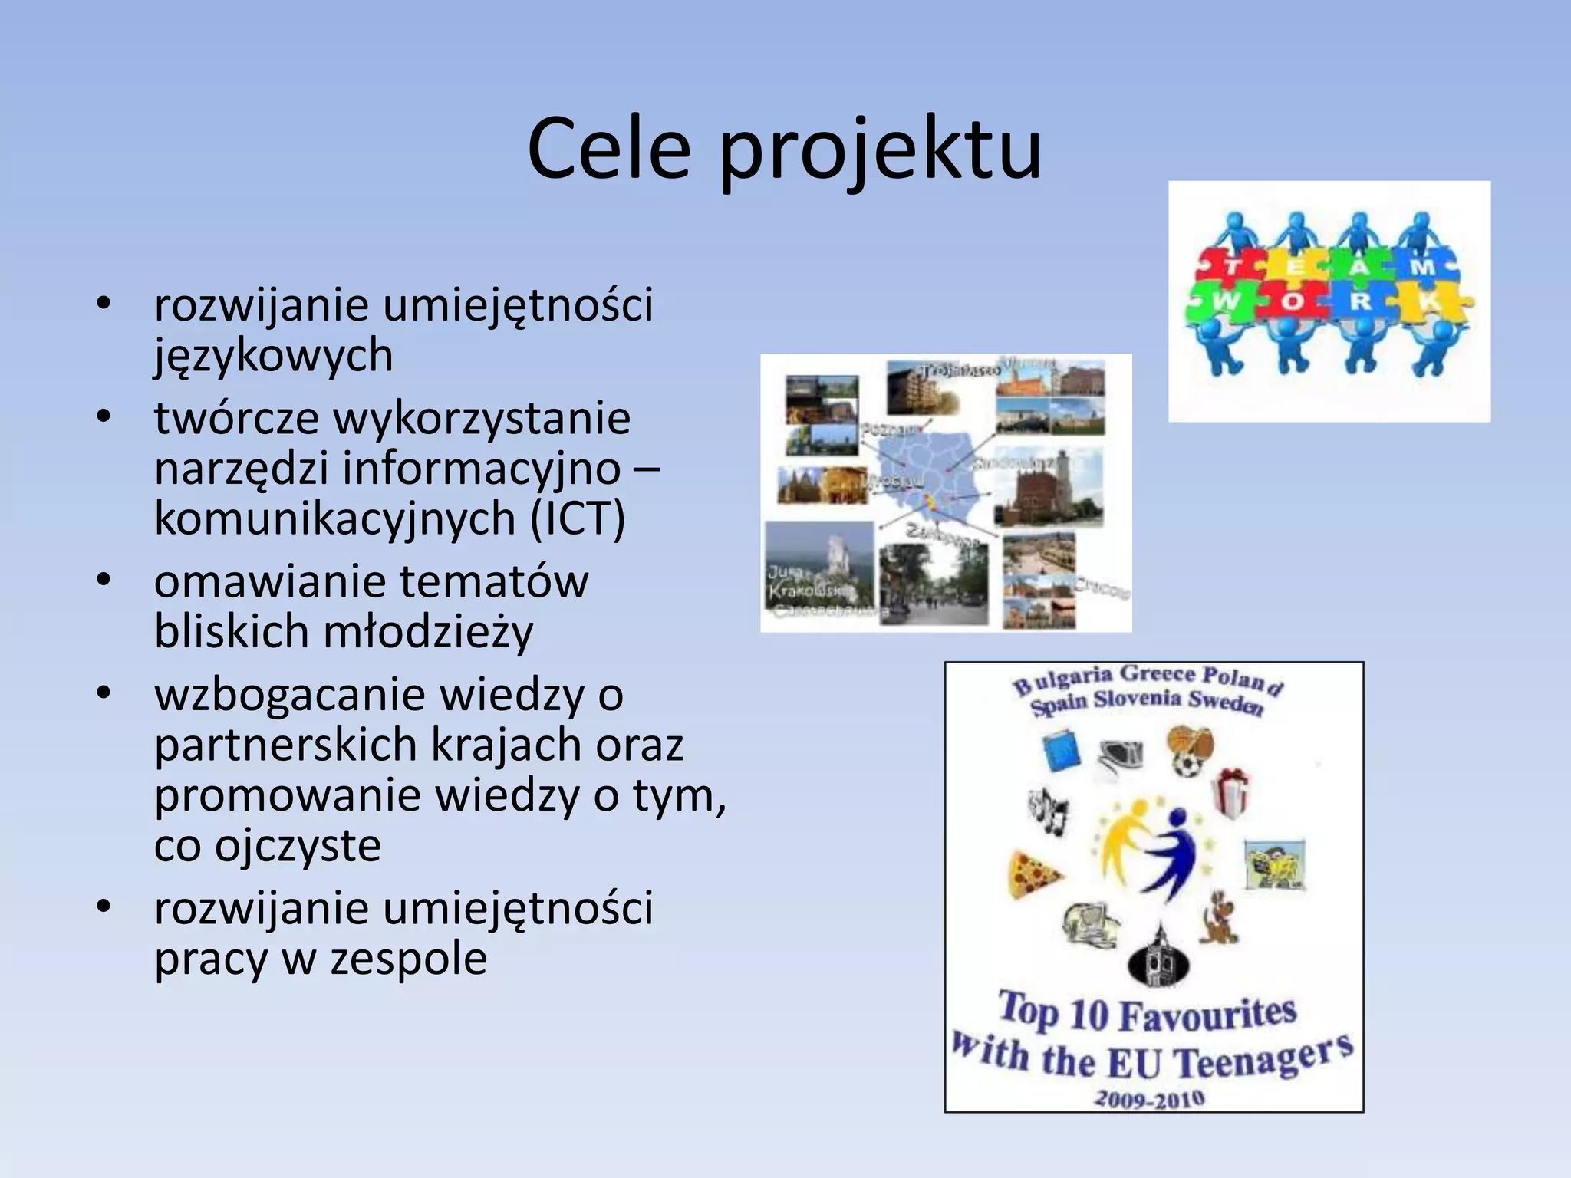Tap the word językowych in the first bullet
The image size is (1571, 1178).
tap(273, 356)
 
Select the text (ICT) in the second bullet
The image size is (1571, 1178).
tap(577, 518)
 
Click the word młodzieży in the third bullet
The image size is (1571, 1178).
tap(428, 633)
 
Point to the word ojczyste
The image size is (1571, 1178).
tap(298, 846)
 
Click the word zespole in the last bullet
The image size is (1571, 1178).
tap(409, 959)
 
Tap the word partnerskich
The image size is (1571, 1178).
tap(287, 745)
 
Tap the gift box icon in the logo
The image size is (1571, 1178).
tap(1231, 794)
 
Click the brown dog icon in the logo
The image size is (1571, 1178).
tap(1220, 918)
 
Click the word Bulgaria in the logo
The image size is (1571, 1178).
tap(1062, 680)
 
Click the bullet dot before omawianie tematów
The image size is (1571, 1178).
tap(104, 580)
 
